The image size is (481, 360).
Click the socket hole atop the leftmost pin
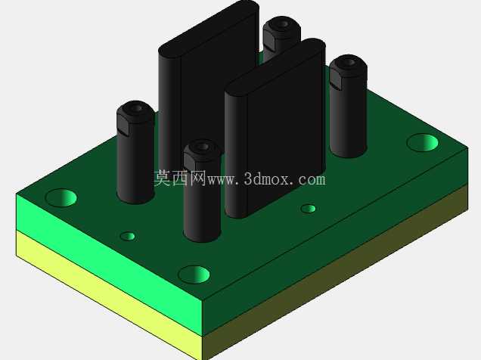(137, 108)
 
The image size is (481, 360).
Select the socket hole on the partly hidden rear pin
(283, 23)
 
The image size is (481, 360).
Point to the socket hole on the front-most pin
(202, 147)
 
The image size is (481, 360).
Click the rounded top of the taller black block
(209, 27)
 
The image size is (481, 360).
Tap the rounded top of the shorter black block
(275, 66)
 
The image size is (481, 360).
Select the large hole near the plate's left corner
(61, 198)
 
